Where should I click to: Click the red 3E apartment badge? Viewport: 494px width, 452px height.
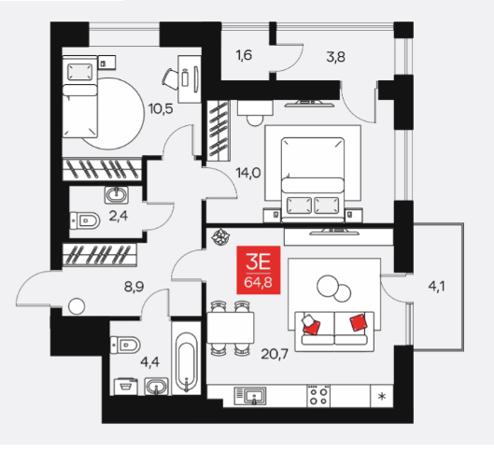(x=259, y=270)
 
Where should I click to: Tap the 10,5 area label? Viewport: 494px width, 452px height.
(x=161, y=109)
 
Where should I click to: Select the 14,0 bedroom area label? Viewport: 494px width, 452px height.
(x=248, y=173)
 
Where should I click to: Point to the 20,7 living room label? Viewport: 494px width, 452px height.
(x=275, y=354)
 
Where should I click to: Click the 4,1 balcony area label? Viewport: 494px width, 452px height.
(x=436, y=287)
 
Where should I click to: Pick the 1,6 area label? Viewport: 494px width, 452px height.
(x=244, y=55)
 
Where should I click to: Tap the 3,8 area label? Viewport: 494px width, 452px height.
(x=335, y=57)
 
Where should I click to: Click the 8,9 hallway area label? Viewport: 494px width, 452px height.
(x=134, y=287)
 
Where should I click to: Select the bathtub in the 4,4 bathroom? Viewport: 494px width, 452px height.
(x=186, y=362)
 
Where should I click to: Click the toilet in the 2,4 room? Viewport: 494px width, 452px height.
(x=85, y=220)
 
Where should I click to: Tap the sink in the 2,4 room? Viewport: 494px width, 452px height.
(x=117, y=194)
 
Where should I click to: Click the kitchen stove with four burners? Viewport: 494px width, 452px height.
(x=318, y=395)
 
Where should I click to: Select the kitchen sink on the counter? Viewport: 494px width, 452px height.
(x=250, y=396)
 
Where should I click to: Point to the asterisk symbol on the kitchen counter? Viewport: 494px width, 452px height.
(x=382, y=396)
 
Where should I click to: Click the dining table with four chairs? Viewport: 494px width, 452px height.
(x=231, y=328)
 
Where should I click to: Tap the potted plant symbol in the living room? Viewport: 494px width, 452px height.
(x=220, y=236)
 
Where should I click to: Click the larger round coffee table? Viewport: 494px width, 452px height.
(x=328, y=286)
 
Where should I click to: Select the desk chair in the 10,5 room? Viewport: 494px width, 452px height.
(x=170, y=78)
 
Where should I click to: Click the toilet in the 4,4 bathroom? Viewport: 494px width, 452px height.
(x=125, y=345)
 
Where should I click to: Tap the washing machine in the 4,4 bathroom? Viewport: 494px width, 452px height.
(x=126, y=387)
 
